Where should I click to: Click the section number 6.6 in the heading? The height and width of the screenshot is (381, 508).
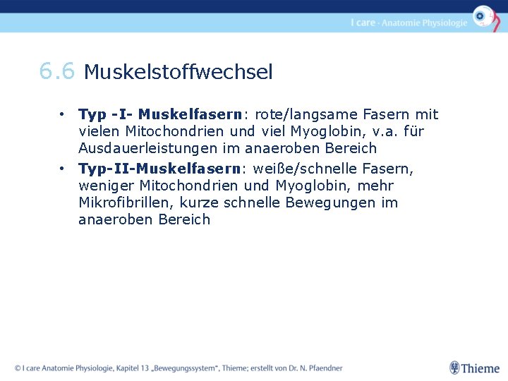coord(56,71)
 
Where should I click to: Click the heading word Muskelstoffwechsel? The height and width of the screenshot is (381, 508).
coord(178,72)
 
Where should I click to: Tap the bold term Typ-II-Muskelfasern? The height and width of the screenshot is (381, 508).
coord(159,169)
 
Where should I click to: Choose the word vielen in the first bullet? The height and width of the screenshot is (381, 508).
coord(99,131)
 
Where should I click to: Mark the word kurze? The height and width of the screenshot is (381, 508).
coord(200,202)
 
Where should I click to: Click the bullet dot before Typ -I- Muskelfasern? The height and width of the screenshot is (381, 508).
coord(63,114)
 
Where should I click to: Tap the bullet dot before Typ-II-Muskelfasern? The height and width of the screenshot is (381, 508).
coord(63,169)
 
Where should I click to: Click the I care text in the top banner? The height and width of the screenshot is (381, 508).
coord(363,23)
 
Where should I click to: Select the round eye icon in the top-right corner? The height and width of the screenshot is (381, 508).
coord(483,16)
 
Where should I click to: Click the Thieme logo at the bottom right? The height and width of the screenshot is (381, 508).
coord(474,368)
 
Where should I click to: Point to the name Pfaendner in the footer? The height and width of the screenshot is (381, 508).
coord(321,368)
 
